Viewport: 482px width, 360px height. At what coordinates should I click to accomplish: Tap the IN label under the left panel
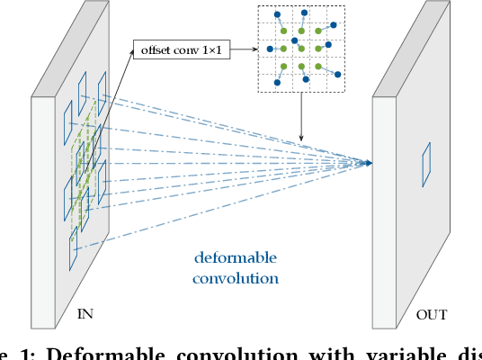[x=85, y=314]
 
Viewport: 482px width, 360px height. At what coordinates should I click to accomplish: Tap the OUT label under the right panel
[x=431, y=314]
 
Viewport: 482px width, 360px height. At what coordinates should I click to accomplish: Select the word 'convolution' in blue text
[x=236, y=278]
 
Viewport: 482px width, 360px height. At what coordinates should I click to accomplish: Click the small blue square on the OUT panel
[x=426, y=164]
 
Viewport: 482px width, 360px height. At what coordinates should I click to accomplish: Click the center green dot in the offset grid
[x=301, y=48]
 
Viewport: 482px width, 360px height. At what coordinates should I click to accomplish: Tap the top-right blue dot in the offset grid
[x=335, y=25]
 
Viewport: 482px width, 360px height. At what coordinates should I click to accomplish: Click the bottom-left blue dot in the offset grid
[x=277, y=83]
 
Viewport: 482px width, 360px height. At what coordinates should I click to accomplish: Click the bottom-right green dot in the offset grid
[x=318, y=66]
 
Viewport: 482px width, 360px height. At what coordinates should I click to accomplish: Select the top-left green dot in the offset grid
[x=284, y=31]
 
